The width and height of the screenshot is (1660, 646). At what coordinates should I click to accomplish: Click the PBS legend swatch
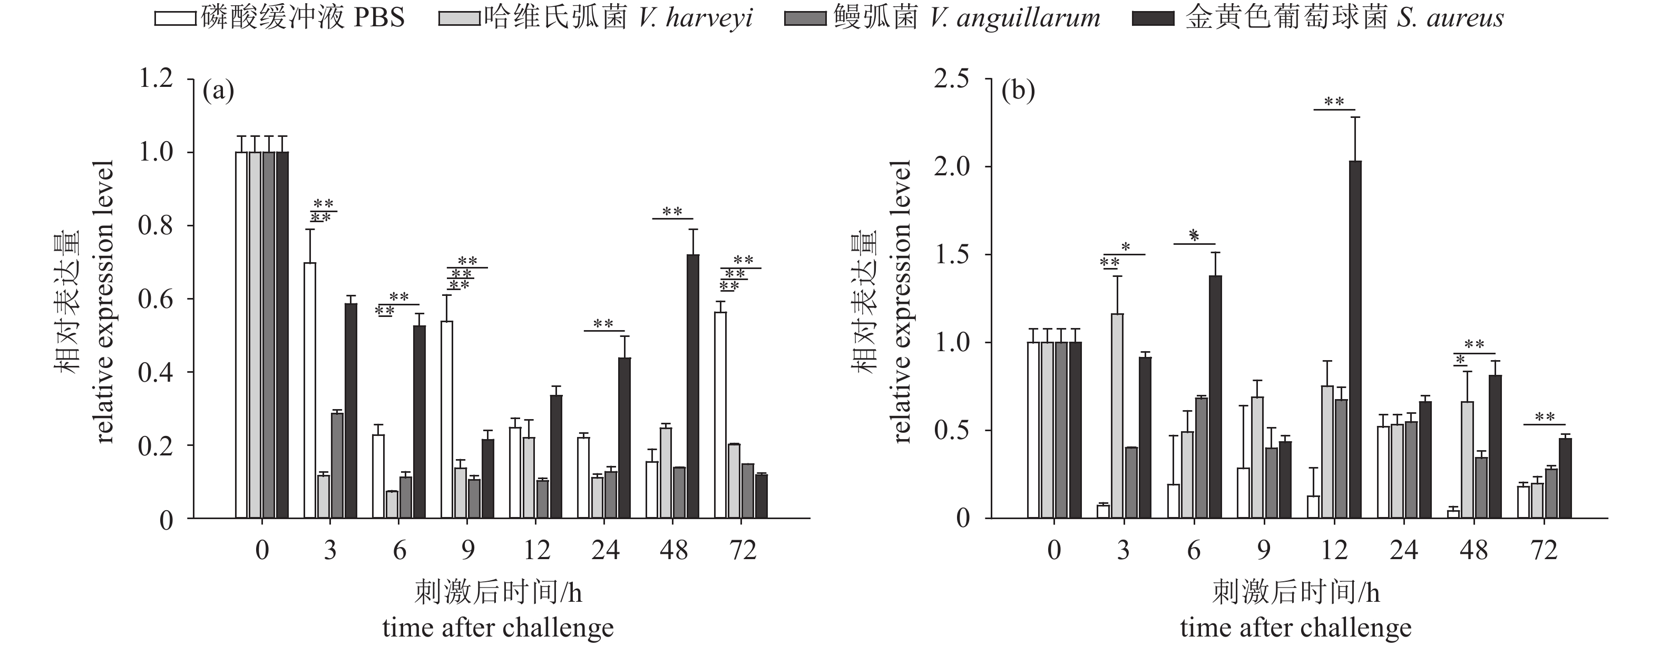click(175, 18)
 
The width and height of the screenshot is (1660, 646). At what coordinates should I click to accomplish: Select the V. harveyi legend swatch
click(459, 18)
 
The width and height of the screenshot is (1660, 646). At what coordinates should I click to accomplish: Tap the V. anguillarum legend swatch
click(805, 18)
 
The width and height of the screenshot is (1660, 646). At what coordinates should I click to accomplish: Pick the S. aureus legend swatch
click(1154, 18)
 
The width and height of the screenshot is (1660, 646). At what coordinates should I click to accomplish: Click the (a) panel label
click(218, 91)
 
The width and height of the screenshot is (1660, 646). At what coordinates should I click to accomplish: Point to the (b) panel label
click(1018, 91)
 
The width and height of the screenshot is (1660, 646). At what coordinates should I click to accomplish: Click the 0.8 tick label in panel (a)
click(155, 226)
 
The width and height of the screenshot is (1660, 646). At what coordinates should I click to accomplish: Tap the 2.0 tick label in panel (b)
click(952, 167)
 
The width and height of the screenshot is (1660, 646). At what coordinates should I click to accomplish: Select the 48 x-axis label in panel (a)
click(674, 551)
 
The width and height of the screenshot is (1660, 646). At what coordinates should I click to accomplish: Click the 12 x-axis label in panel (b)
click(1334, 551)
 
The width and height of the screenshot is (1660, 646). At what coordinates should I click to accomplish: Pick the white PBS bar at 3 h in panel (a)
click(310, 390)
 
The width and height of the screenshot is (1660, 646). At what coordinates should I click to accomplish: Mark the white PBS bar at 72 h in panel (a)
click(720, 415)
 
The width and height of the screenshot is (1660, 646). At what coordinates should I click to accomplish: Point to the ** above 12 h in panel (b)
click(1334, 102)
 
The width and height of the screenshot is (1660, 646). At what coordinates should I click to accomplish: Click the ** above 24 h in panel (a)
click(603, 324)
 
